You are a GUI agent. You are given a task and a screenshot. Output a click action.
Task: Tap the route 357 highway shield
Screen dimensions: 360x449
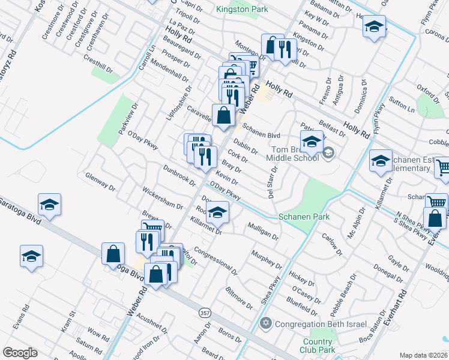pos(204,314)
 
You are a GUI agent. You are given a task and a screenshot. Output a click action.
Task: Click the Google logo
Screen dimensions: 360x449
pos(20,352)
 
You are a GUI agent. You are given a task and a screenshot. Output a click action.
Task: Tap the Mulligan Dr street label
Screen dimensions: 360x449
pos(263,232)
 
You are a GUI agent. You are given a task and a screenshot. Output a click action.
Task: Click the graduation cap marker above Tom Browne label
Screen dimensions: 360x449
pos(312,142)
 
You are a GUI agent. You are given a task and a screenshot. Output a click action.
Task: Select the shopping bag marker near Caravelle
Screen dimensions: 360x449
pos(223,115)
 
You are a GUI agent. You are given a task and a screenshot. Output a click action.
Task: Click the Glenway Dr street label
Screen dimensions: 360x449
pos(100,182)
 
